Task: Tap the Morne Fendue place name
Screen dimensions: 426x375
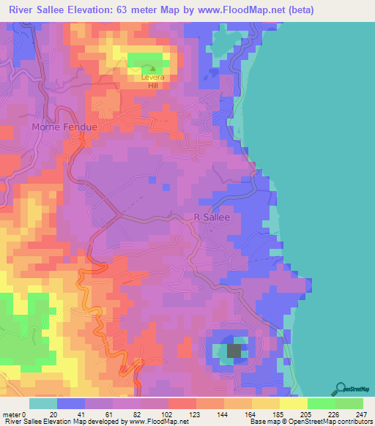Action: [64, 127]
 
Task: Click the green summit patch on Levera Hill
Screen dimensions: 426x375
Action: [146, 59]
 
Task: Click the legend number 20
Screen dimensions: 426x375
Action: [53, 414]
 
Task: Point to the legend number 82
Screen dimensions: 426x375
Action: [137, 414]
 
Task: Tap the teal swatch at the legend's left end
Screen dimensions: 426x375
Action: [43, 403]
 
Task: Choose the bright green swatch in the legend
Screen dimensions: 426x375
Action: [322, 403]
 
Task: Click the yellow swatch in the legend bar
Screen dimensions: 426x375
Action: [294, 403]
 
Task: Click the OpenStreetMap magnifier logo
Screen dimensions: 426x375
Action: [341, 387]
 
